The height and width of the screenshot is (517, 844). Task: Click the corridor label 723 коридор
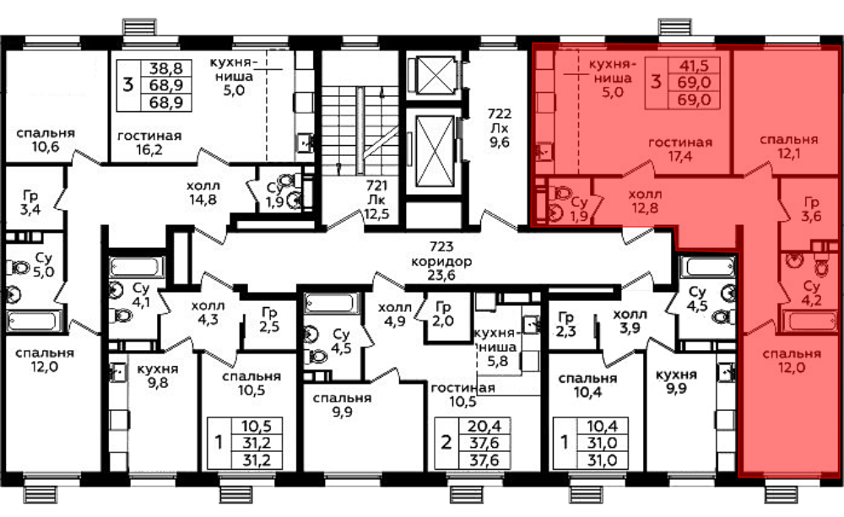click(x=441, y=261)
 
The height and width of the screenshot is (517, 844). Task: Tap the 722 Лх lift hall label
click(x=499, y=128)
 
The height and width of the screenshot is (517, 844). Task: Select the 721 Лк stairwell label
click(x=376, y=200)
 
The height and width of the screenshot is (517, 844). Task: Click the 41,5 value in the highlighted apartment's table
click(x=694, y=66)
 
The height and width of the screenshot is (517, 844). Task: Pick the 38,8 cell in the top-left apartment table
click(x=165, y=68)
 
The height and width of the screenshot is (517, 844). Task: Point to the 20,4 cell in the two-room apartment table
click(x=484, y=426)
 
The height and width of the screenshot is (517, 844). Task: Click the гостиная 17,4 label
click(x=679, y=149)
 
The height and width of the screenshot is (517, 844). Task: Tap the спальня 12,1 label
click(x=788, y=147)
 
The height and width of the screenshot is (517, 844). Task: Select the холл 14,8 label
click(x=203, y=192)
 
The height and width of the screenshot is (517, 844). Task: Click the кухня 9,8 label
click(x=157, y=375)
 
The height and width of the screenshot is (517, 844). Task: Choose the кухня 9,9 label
click(x=676, y=381)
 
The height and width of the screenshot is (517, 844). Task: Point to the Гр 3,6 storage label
click(x=811, y=209)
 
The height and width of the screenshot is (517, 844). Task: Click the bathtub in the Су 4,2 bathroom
click(x=813, y=321)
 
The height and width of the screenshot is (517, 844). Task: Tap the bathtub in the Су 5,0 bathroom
click(x=31, y=321)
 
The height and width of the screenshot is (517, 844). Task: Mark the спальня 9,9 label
click(x=343, y=405)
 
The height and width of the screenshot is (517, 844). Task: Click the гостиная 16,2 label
click(x=149, y=143)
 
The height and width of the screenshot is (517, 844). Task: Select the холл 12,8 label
click(x=645, y=201)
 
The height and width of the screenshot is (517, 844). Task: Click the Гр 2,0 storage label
click(x=443, y=314)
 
